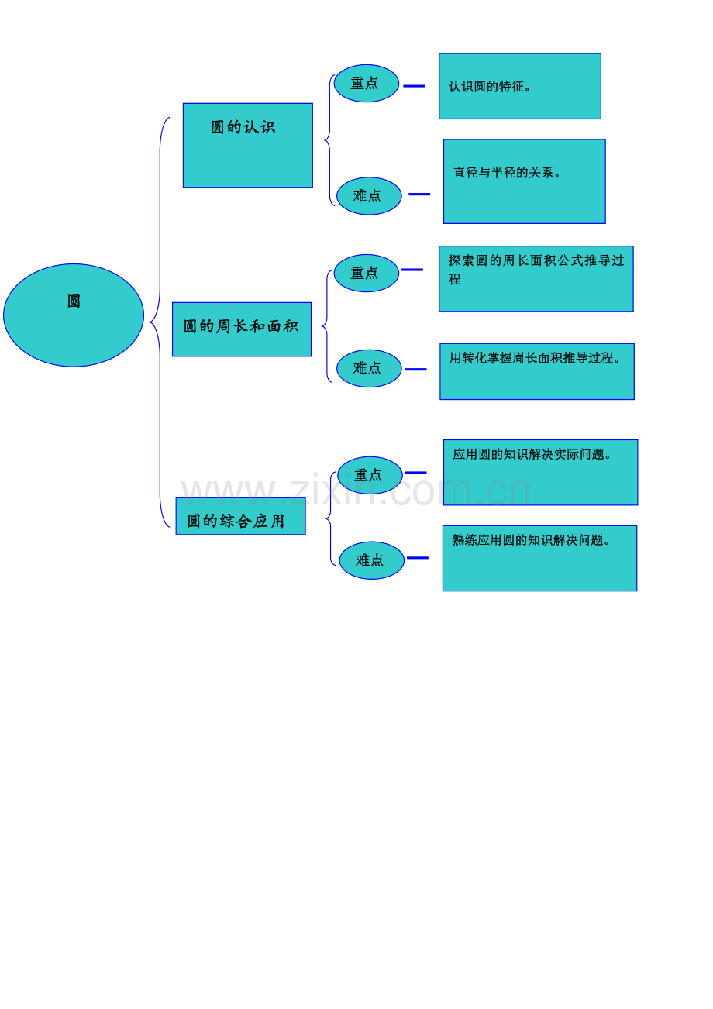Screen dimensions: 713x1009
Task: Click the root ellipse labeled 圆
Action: pyautogui.click(x=74, y=315)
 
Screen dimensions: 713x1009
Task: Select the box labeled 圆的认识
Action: pyautogui.click(x=248, y=145)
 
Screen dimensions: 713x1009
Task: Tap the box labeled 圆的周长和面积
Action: pyautogui.click(x=242, y=329)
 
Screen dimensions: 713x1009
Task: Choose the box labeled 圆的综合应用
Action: pyautogui.click(x=240, y=516)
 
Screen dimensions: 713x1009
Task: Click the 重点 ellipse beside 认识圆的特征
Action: pyautogui.click(x=366, y=84)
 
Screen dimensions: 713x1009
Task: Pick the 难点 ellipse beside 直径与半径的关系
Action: pyautogui.click(x=369, y=196)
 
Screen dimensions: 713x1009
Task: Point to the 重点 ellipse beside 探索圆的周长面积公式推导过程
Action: pyautogui.click(x=366, y=273)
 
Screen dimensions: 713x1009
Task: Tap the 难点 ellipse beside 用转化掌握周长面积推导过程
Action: pyautogui.click(x=369, y=368)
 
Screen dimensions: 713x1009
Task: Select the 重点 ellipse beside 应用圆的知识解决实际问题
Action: pyautogui.click(x=370, y=475)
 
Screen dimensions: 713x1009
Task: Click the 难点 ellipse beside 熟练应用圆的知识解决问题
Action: pyautogui.click(x=371, y=560)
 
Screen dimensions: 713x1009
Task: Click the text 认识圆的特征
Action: pyautogui.click(x=490, y=87)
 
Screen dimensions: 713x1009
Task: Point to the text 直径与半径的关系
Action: pyautogui.click(x=507, y=173)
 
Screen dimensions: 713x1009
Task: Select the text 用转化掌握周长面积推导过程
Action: pyautogui.click(x=535, y=358)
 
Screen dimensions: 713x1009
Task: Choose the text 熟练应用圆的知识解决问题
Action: pyautogui.click(x=532, y=539)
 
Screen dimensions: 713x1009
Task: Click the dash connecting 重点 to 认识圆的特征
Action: pyautogui.click(x=414, y=85)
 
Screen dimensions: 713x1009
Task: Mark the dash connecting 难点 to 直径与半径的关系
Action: pyautogui.click(x=419, y=195)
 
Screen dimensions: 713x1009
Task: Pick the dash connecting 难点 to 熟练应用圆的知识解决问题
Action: pyautogui.click(x=418, y=558)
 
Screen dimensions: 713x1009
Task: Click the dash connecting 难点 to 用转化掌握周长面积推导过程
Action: pyautogui.click(x=415, y=370)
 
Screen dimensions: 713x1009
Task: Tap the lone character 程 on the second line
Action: pyautogui.click(x=454, y=279)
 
